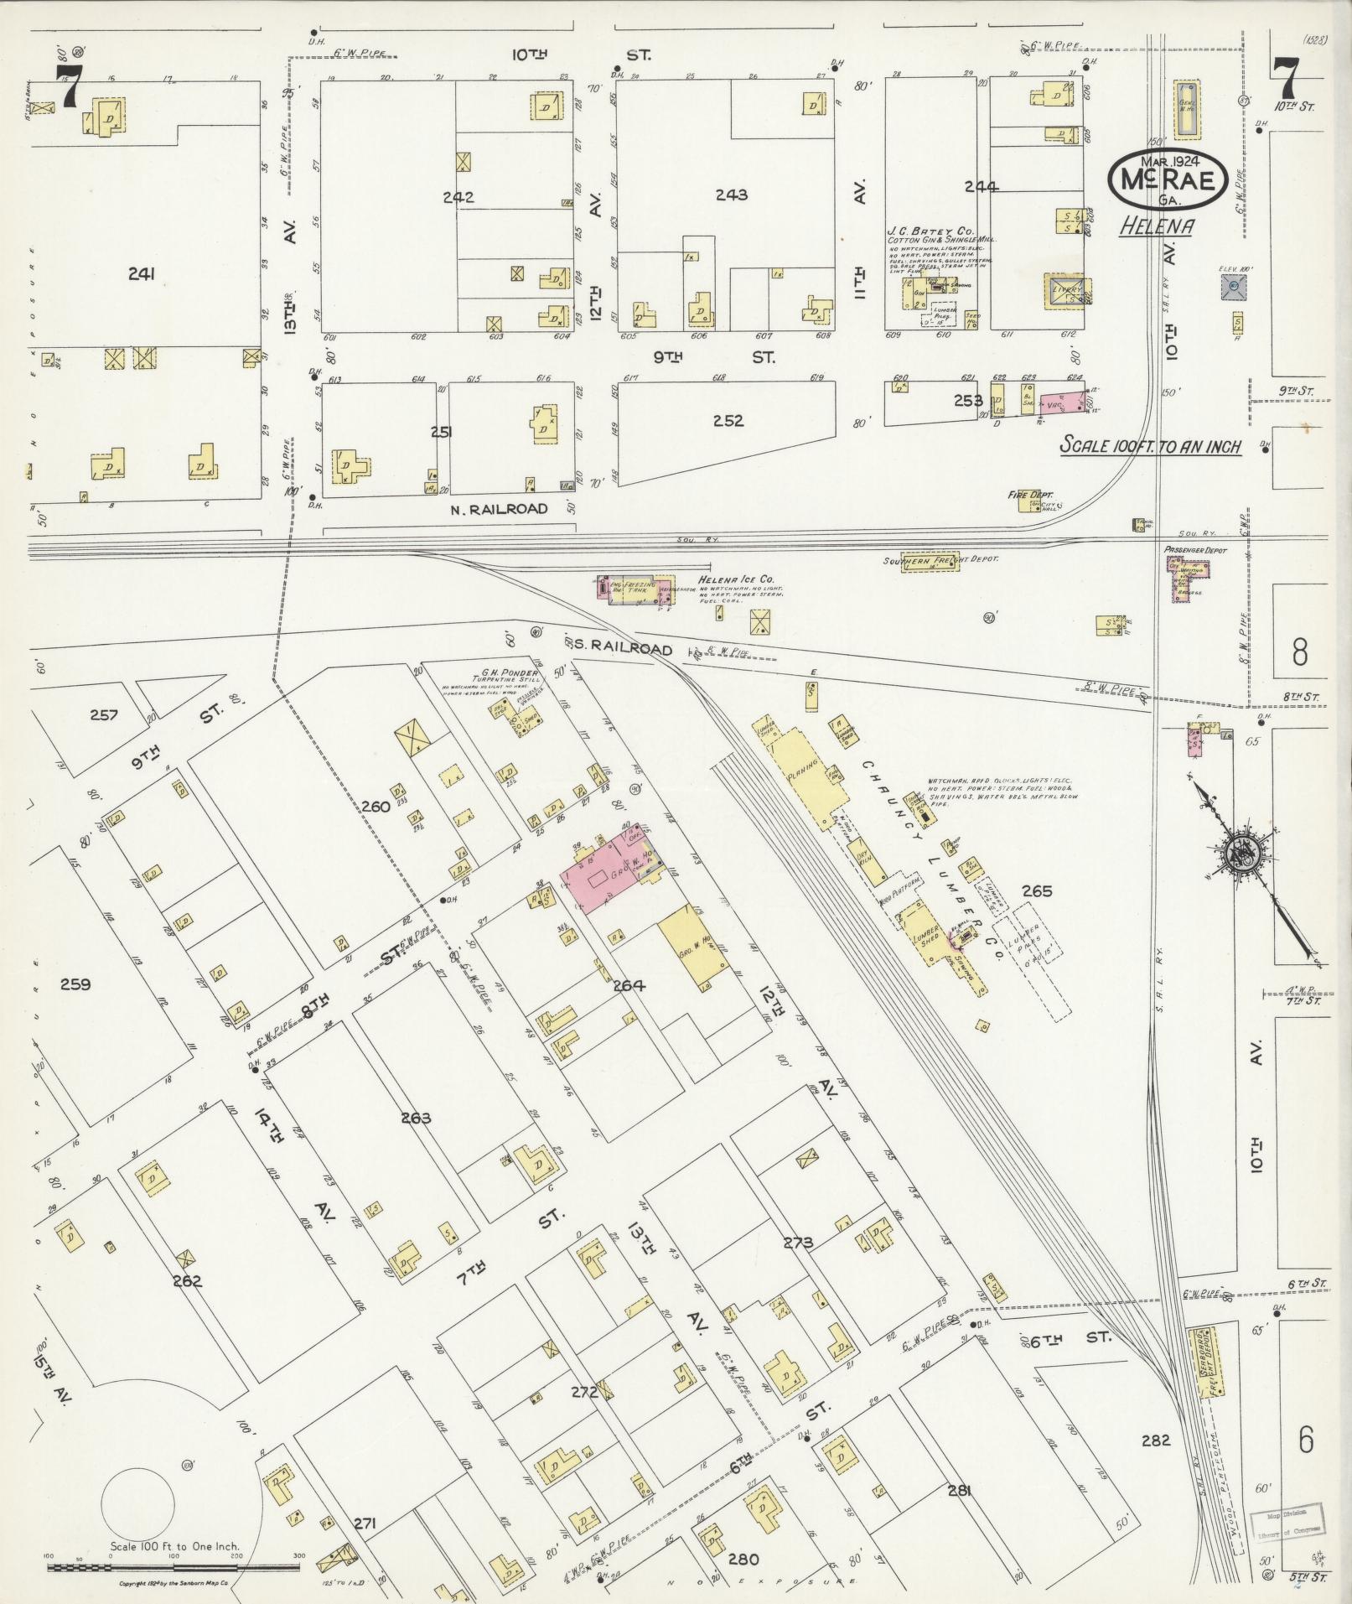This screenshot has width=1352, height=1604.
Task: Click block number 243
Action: click(x=731, y=195)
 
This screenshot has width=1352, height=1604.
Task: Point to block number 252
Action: click(x=728, y=420)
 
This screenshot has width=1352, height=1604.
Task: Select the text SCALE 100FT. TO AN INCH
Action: click(x=1151, y=445)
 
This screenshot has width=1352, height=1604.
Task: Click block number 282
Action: click(x=1154, y=1440)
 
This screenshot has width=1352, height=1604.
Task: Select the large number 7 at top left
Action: click(x=67, y=86)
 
